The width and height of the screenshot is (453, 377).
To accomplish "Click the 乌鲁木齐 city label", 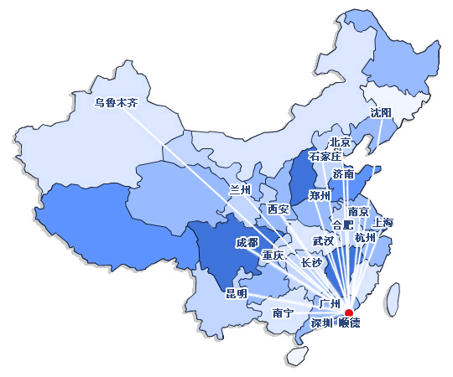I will coord(116,103).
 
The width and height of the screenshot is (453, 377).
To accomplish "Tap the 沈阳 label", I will coord(381,113).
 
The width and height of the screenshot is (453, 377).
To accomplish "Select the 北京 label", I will coord(340,142).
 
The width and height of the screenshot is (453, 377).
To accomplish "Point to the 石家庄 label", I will coord(325,157).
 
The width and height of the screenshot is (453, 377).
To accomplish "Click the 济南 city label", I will coord(343,174).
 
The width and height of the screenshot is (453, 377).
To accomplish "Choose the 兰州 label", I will coord(241,190).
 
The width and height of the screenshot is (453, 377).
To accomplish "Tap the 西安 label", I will coord(278,209).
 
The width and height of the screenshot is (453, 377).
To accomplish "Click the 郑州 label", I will coord(320,196).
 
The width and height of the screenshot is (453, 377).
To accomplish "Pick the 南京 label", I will coord(358,212).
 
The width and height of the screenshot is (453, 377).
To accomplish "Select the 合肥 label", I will coord(343,225).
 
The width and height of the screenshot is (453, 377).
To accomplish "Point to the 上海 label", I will coord(383,223).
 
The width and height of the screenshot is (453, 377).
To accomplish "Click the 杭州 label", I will coord(366,239).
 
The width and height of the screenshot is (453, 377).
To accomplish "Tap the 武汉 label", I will coord(323,240).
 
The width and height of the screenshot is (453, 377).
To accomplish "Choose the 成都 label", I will coord(247,242).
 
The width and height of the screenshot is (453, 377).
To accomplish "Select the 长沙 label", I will coord(311,263).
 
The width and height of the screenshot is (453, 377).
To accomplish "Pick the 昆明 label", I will coord(237,293).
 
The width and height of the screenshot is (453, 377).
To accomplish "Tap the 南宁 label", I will coord(284,312).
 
